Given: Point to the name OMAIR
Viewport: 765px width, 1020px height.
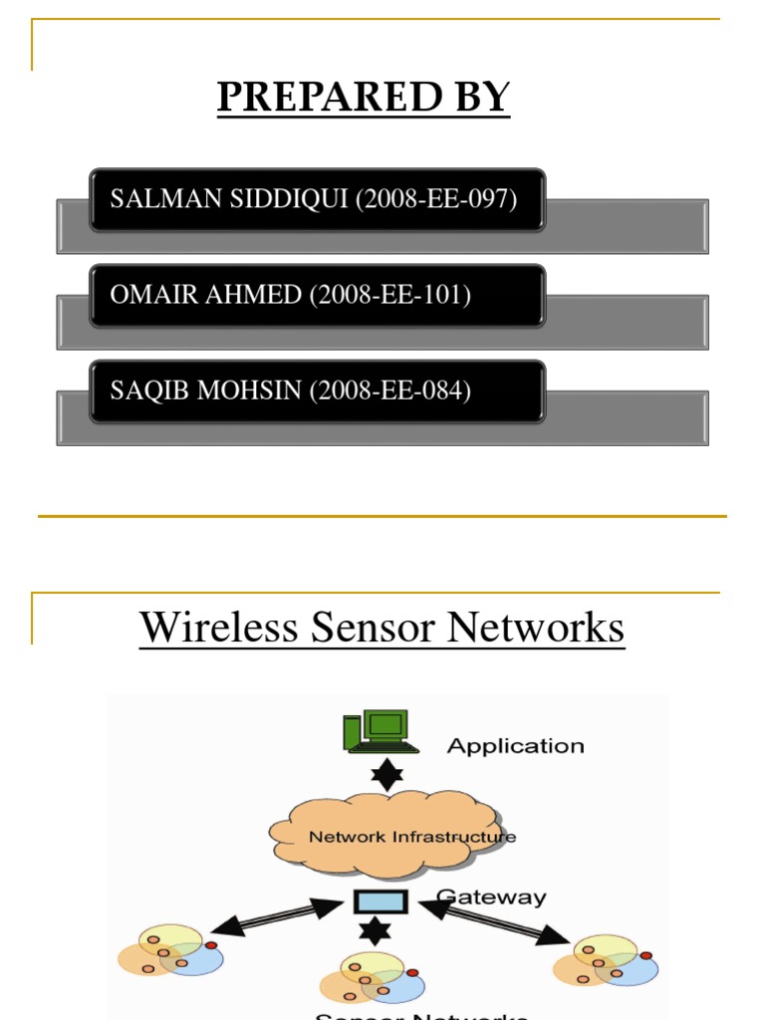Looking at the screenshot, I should click(143, 295).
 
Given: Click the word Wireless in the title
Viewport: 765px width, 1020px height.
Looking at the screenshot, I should click(219, 628).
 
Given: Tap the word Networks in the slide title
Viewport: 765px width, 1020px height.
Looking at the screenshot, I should click(536, 628).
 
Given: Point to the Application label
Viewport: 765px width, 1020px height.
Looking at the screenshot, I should click(515, 746).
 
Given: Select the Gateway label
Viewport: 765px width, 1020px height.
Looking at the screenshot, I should click(494, 897).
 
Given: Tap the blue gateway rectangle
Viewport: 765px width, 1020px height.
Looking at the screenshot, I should click(382, 902).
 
